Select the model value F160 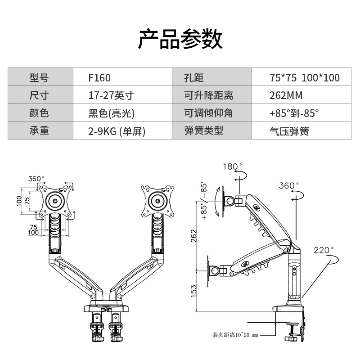click(99, 77)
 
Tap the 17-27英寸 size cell click(111, 95)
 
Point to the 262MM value click(286, 95)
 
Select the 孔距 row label click(194, 77)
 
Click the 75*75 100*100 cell click(305, 77)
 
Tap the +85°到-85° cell click(294, 113)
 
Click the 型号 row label click(39, 77)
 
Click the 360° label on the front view click(37, 179)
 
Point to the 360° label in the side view click(288, 185)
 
